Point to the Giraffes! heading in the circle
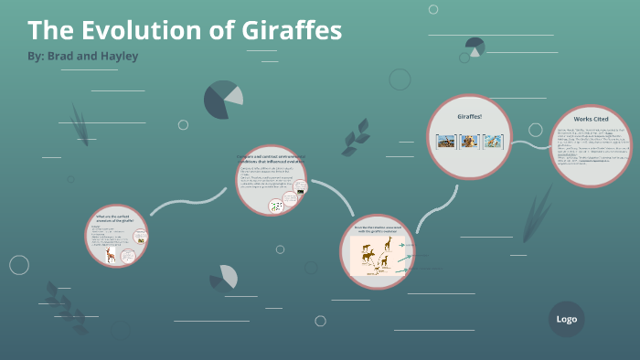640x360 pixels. [470, 117]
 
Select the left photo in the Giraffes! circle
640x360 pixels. [446, 142]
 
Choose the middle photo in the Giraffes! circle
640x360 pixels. [469, 142]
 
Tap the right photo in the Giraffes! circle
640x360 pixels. [492, 142]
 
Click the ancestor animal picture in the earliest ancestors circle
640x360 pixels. [111, 255]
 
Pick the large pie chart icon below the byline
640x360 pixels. [222, 100]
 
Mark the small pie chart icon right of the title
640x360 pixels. [475, 46]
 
